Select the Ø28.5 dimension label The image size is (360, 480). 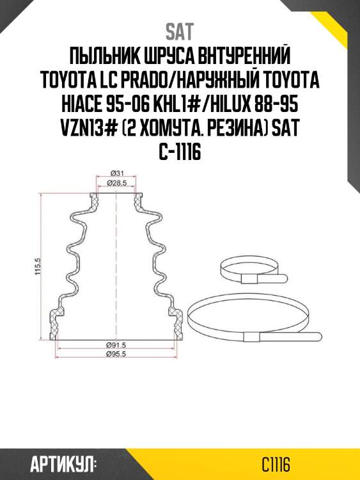[x=116, y=184]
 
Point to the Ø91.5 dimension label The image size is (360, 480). [x=116, y=345]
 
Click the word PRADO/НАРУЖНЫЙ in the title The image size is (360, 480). [x=203, y=83]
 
